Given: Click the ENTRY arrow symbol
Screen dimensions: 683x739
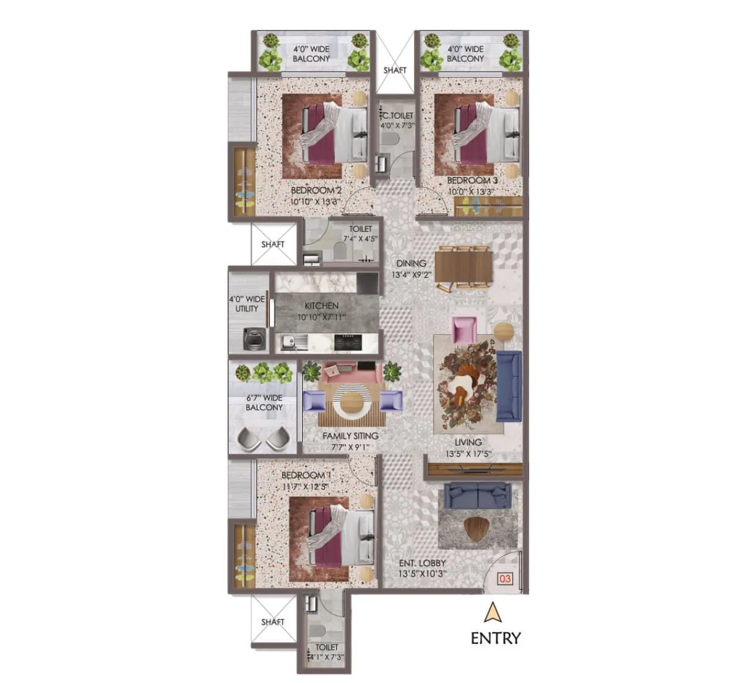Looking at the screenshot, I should coord(493,612).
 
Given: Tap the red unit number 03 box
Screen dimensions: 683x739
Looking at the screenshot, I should coord(505,578).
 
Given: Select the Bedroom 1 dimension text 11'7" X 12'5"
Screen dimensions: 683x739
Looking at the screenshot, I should coord(305,486).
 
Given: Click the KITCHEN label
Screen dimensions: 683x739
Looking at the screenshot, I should coord(321,306).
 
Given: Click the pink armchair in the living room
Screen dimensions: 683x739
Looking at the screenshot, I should coord(464,329).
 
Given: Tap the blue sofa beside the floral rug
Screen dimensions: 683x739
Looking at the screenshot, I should coord(509,385).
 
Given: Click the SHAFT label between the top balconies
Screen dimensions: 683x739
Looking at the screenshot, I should coord(395,70).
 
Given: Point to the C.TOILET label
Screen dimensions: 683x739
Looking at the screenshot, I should coord(397,116).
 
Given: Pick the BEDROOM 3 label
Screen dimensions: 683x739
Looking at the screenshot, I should coord(472,181).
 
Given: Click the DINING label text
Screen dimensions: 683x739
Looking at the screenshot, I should coord(411,263).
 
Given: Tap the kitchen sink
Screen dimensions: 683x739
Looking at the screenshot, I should coord(291,341).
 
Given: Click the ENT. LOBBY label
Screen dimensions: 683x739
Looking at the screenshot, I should coord(423,563).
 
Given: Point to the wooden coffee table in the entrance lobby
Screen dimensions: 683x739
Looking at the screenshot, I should coord(475,527).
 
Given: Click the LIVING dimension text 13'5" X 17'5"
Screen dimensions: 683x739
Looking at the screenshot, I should coord(468,453).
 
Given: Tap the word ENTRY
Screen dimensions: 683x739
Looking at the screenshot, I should coord(496,638).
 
